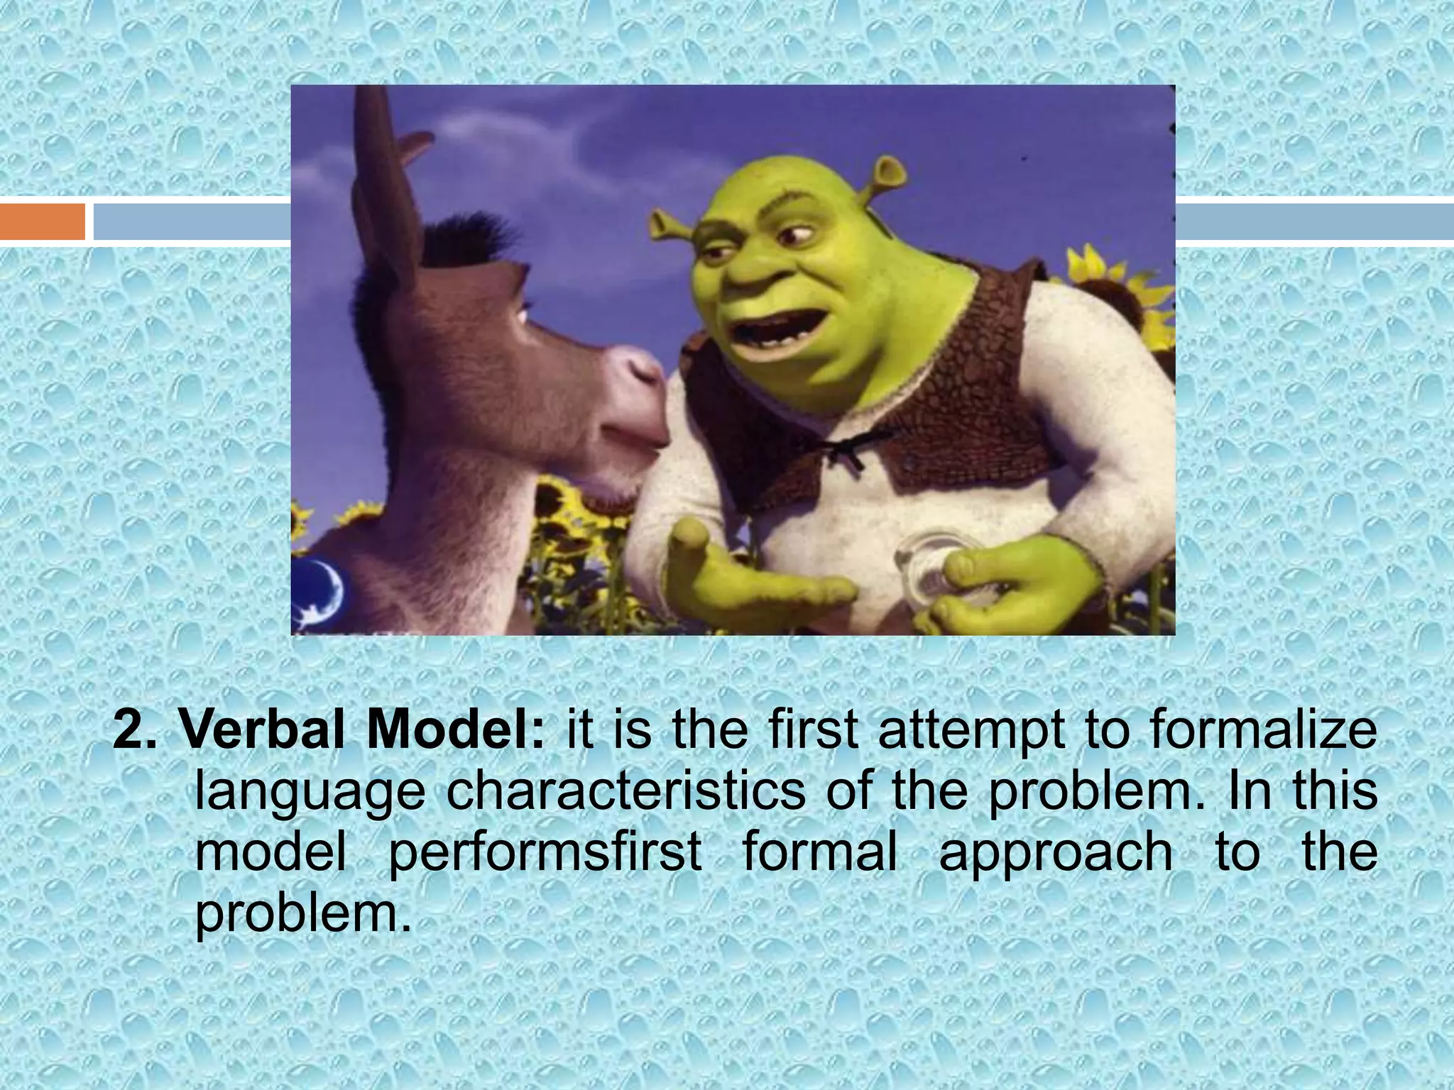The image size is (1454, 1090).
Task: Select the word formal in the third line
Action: (819, 852)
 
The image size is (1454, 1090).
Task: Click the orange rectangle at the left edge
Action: (43, 221)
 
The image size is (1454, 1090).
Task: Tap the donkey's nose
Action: (643, 383)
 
